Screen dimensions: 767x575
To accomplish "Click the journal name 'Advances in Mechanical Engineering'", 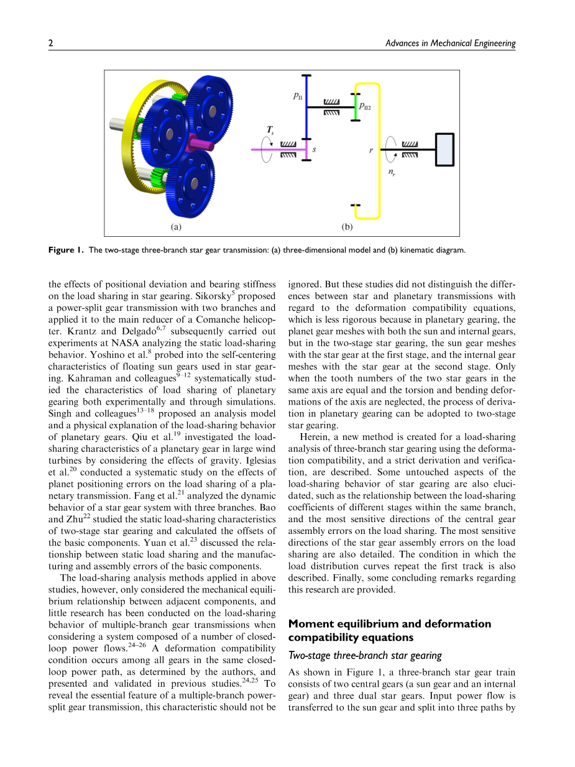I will pyautogui.click(x=450, y=43).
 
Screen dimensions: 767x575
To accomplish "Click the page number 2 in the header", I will pyautogui.click(x=51, y=43).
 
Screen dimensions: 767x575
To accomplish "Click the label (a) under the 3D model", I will pyautogui.click(x=176, y=227).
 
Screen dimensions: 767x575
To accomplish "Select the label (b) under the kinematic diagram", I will pyautogui.click(x=347, y=227).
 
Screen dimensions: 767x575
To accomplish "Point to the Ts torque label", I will pyautogui.click(x=270, y=131).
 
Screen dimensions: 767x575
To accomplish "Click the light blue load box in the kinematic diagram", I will pyautogui.click(x=444, y=150).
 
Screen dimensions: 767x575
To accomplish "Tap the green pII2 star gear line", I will pyautogui.click(x=353, y=106).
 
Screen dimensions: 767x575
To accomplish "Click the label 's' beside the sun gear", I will pyautogui.click(x=314, y=150).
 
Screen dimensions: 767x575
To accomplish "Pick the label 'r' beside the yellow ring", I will pyautogui.click(x=370, y=150).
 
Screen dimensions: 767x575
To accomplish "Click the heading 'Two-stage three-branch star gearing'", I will pyautogui.click(x=365, y=655).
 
